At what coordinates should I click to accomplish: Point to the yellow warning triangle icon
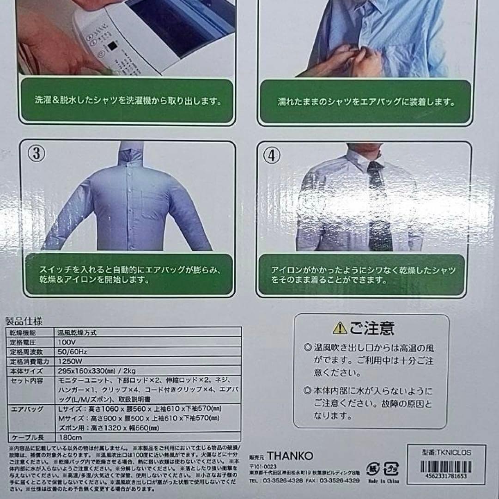pos(339,328)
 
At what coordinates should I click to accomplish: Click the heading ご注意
pos(372,328)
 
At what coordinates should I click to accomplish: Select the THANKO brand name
pos(292,456)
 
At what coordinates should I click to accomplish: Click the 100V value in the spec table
pos(67,343)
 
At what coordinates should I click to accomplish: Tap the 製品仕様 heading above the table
pos(24,321)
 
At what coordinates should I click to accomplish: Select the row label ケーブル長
pos(26,438)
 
